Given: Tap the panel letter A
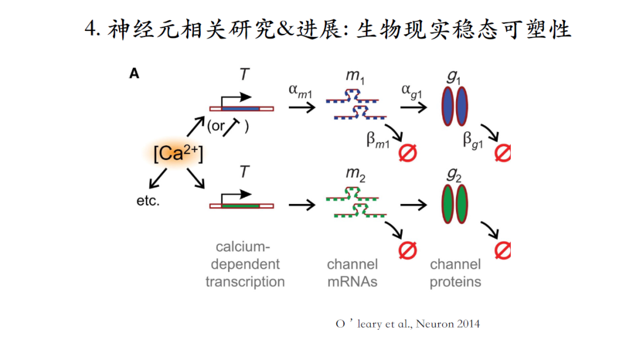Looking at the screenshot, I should (135, 74).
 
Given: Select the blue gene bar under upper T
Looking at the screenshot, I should (241, 109).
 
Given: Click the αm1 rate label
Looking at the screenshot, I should (301, 90).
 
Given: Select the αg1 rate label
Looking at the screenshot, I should (413, 90).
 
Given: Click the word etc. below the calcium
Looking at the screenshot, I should (148, 201).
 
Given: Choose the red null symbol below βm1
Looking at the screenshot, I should (408, 152).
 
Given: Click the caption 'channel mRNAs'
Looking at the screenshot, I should (352, 273).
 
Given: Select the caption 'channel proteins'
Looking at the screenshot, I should (455, 273).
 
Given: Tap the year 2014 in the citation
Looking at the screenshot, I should (466, 324).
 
